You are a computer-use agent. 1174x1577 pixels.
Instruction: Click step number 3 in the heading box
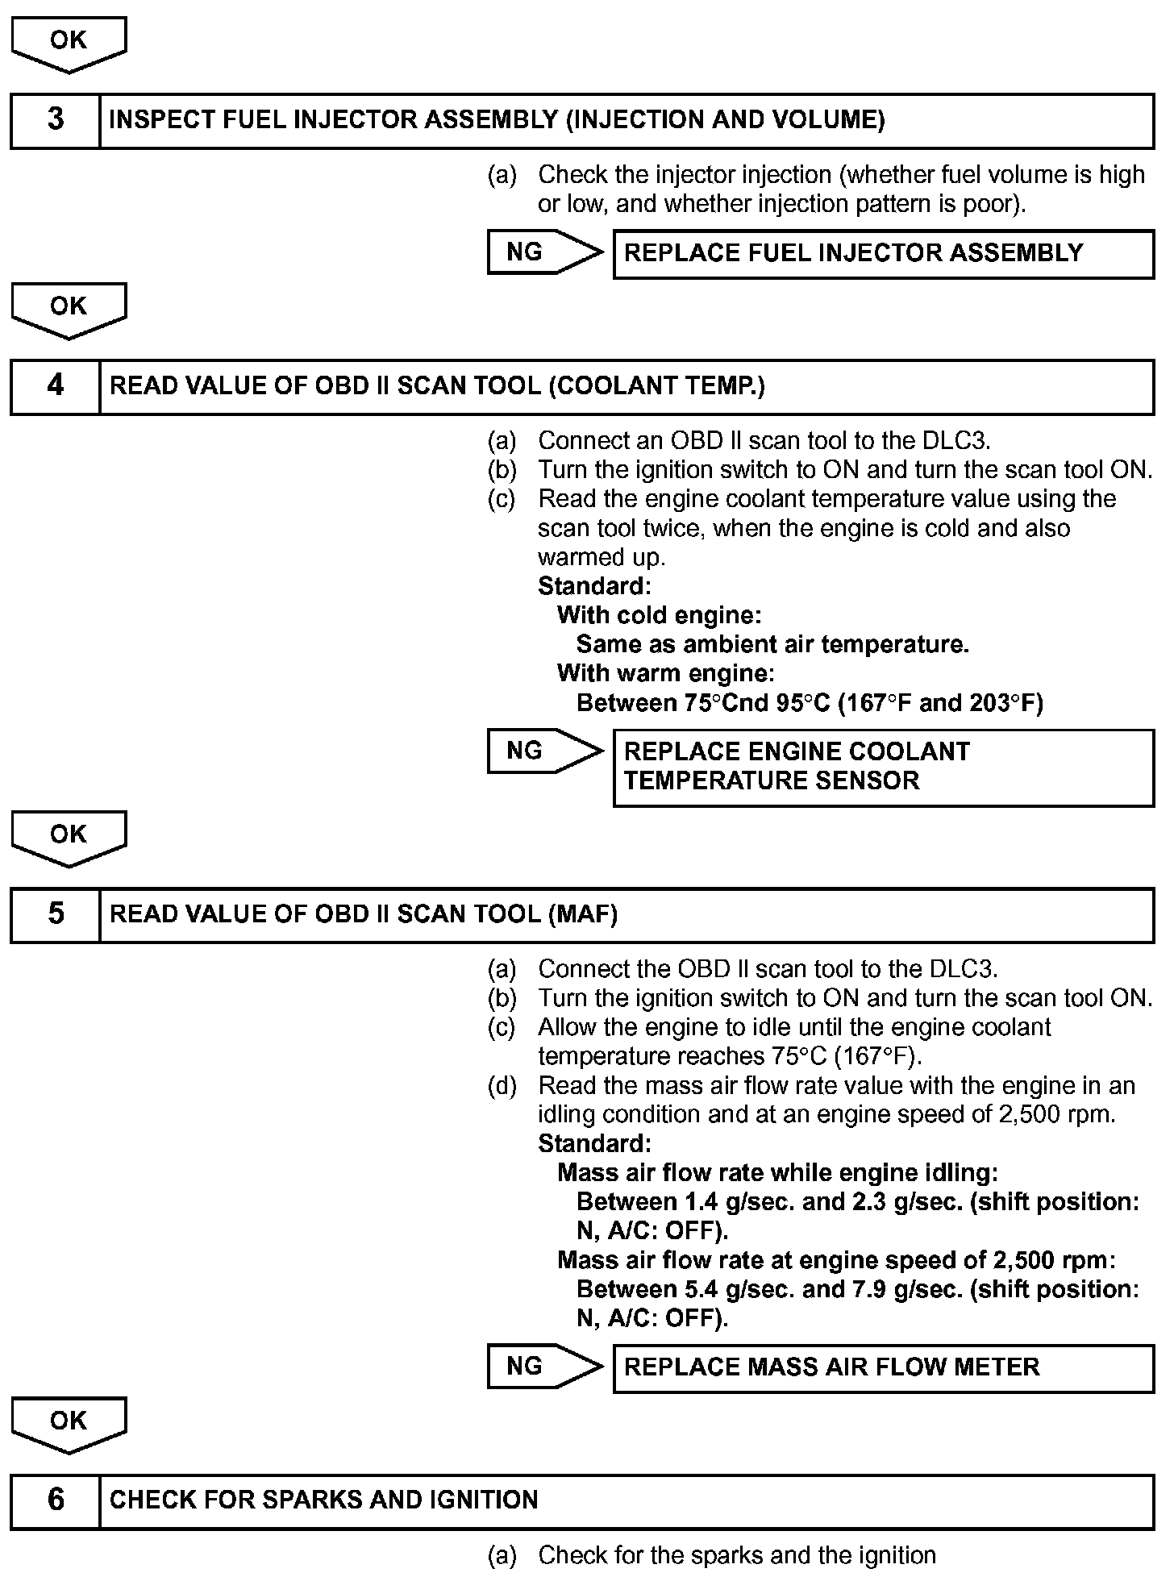coord(55,120)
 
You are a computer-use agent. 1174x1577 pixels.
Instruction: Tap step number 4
coord(55,385)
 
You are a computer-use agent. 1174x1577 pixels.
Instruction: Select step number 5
coord(55,913)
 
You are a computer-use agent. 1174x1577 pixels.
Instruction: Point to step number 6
coord(55,1500)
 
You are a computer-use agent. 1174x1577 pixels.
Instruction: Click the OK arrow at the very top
coord(69,42)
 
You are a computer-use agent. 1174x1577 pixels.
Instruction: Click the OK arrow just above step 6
coord(69,1423)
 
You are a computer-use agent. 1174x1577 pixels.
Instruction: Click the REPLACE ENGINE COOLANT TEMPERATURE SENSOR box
coord(883,767)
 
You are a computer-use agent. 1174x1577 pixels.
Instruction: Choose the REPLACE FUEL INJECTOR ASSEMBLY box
coord(883,253)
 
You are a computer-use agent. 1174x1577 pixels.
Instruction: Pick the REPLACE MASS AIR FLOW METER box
coord(883,1367)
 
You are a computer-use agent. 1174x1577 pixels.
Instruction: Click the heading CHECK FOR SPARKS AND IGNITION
coord(323,1500)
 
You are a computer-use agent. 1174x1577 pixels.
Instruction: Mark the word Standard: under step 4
coord(594,585)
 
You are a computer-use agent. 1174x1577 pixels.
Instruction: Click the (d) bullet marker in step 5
coord(502,1086)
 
